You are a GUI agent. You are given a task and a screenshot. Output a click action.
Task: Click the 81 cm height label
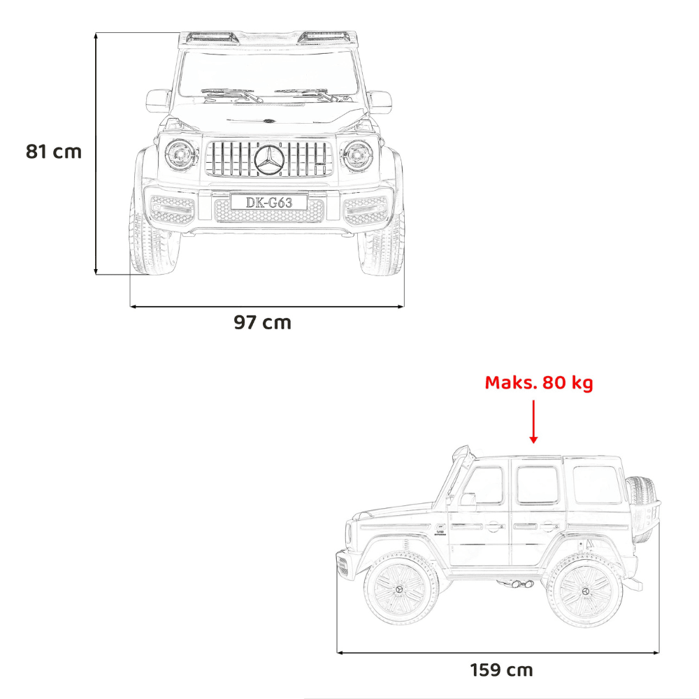pos(54,152)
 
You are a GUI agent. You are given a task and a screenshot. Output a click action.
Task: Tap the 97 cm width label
pos(263,322)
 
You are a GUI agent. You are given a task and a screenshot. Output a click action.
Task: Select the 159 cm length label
pos(501,670)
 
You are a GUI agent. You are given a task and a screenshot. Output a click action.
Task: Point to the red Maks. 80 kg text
pos(539,383)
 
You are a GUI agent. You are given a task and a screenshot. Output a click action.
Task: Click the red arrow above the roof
pos(533,421)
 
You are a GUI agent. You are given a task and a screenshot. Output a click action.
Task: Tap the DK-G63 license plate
pos(269,203)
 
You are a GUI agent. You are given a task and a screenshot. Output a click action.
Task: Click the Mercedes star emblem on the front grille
pos(269,160)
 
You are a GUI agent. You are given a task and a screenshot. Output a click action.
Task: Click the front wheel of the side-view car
pos(399,589)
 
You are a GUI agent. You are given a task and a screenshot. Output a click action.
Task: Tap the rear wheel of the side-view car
pos(584,590)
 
